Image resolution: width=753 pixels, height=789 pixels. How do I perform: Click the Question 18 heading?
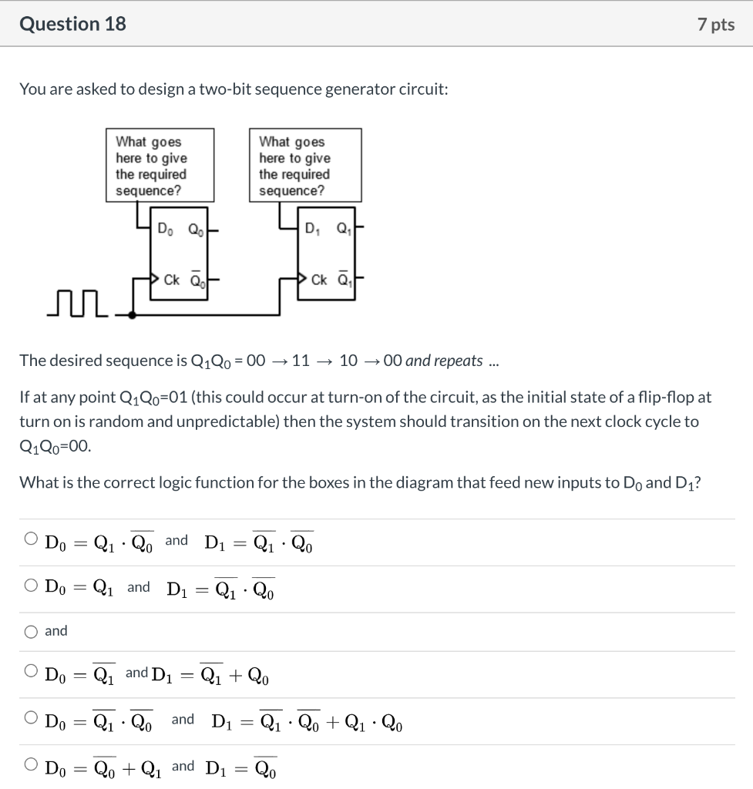pyautogui.click(x=72, y=24)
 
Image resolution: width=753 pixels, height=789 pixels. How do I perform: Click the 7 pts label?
pyautogui.click(x=715, y=25)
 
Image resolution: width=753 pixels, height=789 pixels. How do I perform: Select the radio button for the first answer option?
pyautogui.click(x=31, y=540)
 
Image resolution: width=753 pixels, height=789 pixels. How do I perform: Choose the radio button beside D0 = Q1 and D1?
pyautogui.click(x=31, y=586)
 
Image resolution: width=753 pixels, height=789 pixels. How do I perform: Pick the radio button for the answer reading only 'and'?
pyautogui.click(x=31, y=632)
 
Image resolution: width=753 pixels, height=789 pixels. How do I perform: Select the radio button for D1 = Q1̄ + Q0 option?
pyautogui.click(x=31, y=672)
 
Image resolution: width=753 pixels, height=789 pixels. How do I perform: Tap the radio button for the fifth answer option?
pyautogui.click(x=31, y=719)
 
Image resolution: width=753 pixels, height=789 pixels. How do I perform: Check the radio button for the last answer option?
pyautogui.click(x=31, y=765)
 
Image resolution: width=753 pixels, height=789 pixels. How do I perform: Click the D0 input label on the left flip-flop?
pyautogui.click(x=165, y=229)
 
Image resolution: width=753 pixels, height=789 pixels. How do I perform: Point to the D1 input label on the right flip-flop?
pyautogui.click(x=311, y=229)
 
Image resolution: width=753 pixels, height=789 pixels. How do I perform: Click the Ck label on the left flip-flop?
pyautogui.click(x=172, y=280)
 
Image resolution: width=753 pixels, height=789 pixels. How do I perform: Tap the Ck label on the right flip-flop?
pyautogui.click(x=320, y=280)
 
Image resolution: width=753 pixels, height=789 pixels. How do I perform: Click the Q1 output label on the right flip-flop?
pyautogui.click(x=343, y=229)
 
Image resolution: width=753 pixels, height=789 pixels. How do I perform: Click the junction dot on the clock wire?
pyautogui.click(x=133, y=315)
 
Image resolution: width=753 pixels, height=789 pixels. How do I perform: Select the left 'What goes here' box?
pyautogui.click(x=160, y=166)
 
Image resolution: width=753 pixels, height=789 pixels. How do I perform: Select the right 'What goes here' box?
pyautogui.click(x=305, y=166)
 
